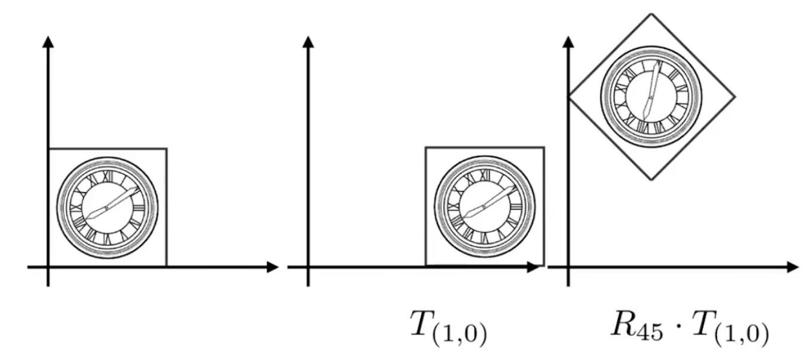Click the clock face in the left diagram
coord(107,207)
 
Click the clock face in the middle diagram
coord(484,206)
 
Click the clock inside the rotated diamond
coord(651,96)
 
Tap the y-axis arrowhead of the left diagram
coord(48,42)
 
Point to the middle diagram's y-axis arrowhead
coord(308,42)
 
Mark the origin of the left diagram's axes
coord(48,267)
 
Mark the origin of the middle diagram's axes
coord(308,267)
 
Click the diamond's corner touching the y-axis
coord(568,96)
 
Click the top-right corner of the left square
coord(166,148)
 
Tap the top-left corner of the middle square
coord(425,147)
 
